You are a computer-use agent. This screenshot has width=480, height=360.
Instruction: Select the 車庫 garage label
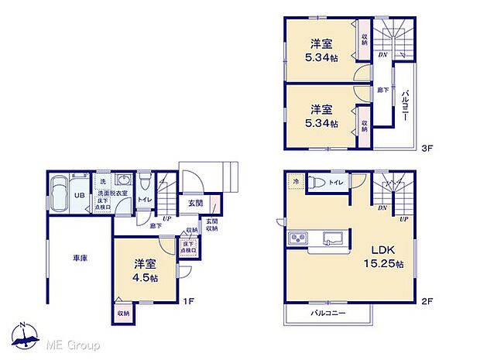tap(80, 259)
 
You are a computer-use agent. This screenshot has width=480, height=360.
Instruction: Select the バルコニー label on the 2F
tap(329, 313)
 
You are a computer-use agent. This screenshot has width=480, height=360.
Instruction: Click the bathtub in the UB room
tap(57, 195)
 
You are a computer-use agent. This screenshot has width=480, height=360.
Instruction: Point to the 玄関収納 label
tap(211, 225)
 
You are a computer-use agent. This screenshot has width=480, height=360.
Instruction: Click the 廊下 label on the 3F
tap(382, 90)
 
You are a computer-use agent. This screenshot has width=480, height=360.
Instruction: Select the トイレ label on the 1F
tap(145, 199)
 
